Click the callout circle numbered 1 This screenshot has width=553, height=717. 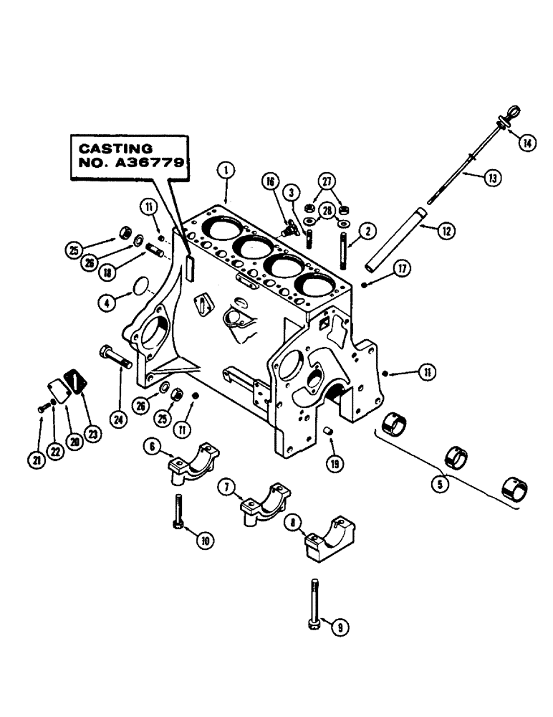(225, 170)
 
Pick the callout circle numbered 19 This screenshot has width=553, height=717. (333, 462)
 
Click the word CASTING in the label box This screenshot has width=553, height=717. (110, 148)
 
